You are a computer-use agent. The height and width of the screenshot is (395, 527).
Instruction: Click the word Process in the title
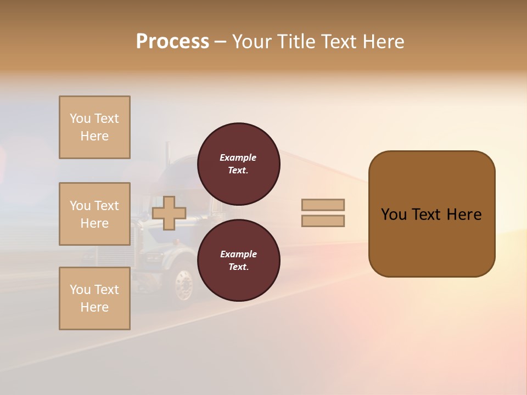pyautogui.click(x=172, y=42)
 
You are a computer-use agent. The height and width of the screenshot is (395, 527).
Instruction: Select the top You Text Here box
pyautogui.click(x=94, y=127)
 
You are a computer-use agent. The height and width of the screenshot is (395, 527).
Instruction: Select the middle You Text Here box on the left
pyautogui.click(x=94, y=214)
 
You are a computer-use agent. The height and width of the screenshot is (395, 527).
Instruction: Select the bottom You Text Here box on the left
pyautogui.click(x=94, y=298)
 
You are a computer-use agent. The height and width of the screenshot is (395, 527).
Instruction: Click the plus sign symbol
pyautogui.click(x=169, y=213)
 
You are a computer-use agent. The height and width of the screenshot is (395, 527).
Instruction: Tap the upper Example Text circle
pyautogui.click(x=238, y=163)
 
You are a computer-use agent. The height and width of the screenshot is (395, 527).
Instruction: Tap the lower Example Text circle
pyautogui.click(x=238, y=260)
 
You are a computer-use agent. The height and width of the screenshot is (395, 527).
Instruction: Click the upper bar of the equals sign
pyautogui.click(x=323, y=205)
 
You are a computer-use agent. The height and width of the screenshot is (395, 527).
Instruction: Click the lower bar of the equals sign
pyautogui.click(x=323, y=221)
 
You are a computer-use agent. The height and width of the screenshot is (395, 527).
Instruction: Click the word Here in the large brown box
pyautogui.click(x=464, y=215)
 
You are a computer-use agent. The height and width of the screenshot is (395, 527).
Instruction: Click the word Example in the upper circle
pyautogui.click(x=238, y=157)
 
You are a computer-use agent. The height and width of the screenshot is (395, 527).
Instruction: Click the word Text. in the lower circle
pyautogui.click(x=238, y=267)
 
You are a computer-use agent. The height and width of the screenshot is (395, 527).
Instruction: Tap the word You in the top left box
pyautogui.click(x=80, y=119)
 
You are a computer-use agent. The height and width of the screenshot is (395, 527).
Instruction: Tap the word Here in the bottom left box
pyautogui.click(x=94, y=307)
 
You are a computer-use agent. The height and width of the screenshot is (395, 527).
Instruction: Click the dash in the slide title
pyautogui.click(x=221, y=42)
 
